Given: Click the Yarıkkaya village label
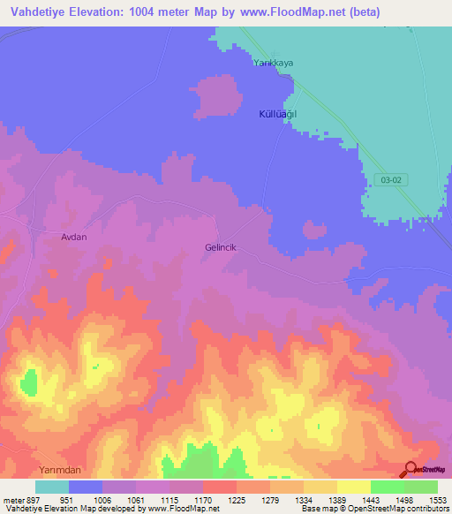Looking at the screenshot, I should pos(273,64).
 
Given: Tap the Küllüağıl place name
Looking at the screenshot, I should pos(277,115).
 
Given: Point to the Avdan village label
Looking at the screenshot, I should pos(74,238).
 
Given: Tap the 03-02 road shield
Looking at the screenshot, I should pos(393,179).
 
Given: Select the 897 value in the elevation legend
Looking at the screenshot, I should pos(32,500).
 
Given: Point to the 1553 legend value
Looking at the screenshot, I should pos(437,500).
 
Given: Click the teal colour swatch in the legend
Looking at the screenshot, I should pos(52,487).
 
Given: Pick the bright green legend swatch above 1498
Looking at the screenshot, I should pos(388,487).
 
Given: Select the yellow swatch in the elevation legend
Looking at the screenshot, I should pos(354,487).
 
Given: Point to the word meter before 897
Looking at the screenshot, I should pos(13,500).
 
